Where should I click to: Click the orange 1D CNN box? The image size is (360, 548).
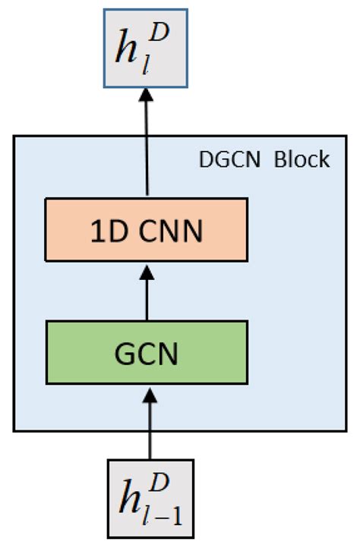click(x=147, y=231)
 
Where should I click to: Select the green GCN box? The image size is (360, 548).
click(x=147, y=352)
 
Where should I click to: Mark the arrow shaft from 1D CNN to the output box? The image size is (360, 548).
click(x=147, y=144)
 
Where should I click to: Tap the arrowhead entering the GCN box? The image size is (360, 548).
click(x=149, y=390)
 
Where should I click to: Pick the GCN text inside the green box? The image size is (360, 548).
click(x=147, y=353)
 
